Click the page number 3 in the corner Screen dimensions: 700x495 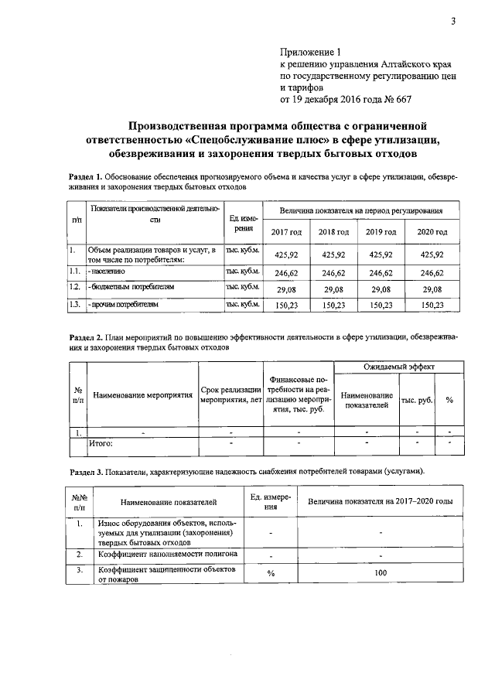click(x=453, y=21)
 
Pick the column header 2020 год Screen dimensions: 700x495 click(x=432, y=232)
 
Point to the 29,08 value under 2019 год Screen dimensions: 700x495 click(x=382, y=289)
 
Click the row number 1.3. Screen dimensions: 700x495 click(x=75, y=305)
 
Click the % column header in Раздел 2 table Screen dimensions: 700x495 click(x=449, y=400)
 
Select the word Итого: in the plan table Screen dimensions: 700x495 click(x=101, y=444)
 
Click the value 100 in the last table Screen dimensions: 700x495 click(x=380, y=572)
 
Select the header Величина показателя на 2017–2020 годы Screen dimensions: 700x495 click(x=380, y=502)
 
